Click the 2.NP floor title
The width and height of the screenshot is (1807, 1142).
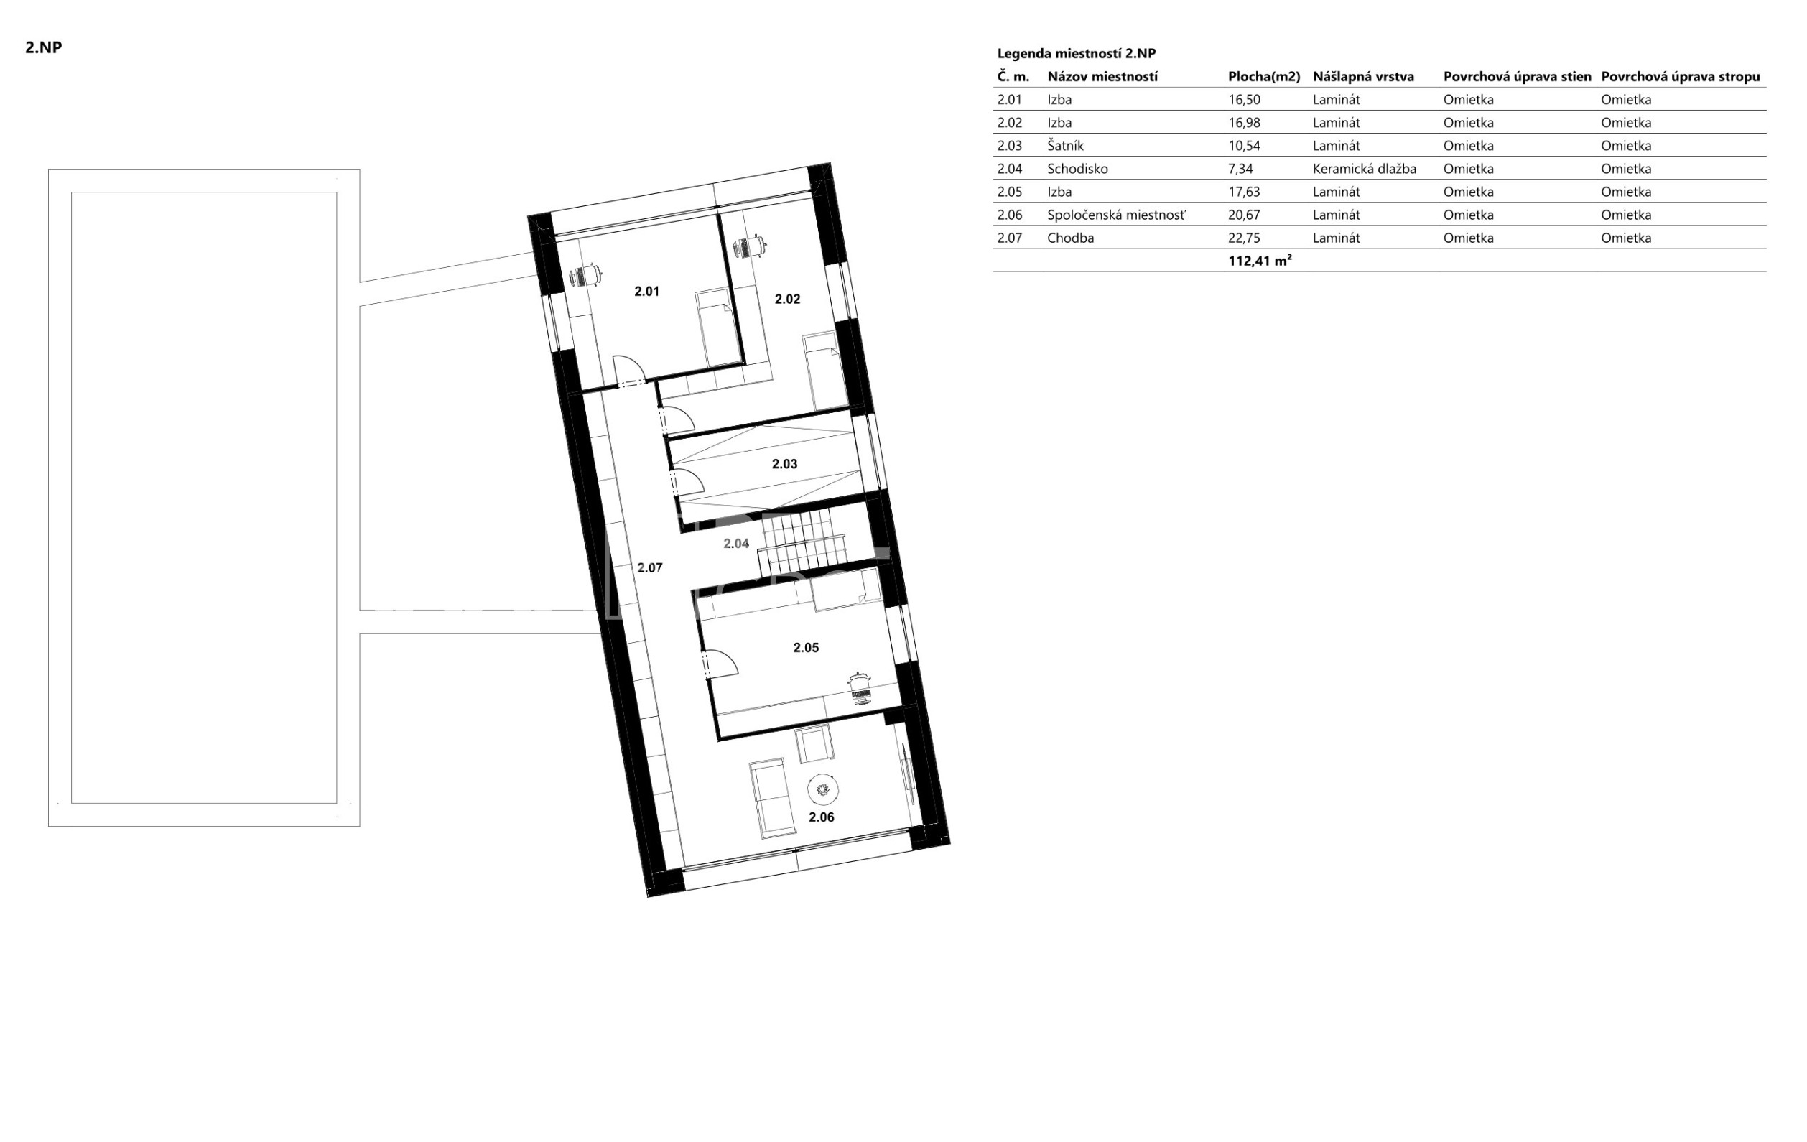click(44, 47)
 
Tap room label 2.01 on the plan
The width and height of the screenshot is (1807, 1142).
click(646, 291)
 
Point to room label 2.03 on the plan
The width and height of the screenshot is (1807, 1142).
click(784, 464)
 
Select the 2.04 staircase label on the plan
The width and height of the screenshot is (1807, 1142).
click(736, 543)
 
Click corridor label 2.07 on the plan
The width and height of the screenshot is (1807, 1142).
click(650, 567)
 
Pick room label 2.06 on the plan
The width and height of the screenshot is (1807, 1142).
click(821, 817)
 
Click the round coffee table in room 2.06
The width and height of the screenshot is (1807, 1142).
click(822, 789)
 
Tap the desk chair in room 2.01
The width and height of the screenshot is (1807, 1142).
click(586, 275)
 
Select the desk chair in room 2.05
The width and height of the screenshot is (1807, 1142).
click(860, 688)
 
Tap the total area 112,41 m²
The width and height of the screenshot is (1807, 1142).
click(1260, 261)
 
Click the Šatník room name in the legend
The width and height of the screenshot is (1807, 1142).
click(1066, 146)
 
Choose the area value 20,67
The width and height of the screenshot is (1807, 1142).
click(1244, 215)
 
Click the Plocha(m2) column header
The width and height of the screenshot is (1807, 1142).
click(1264, 77)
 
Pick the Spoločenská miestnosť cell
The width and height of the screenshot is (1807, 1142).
click(1117, 215)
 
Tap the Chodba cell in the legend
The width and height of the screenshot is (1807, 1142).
click(1071, 238)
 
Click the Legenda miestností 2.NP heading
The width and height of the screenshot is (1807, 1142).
click(1076, 53)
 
